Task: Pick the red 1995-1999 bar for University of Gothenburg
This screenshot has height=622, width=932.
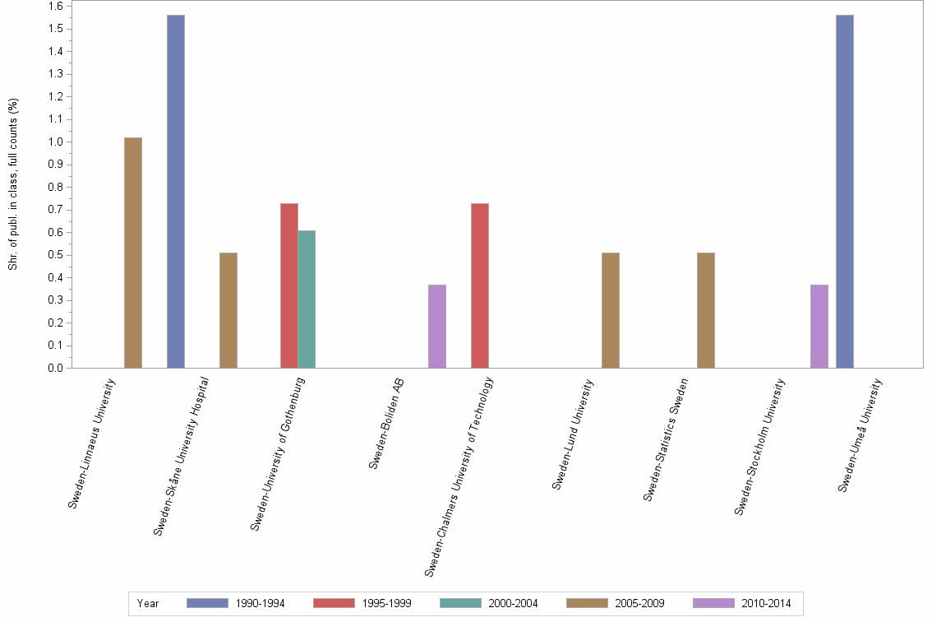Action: [x=289, y=285]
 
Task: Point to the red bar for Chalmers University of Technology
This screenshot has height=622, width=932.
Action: [x=480, y=285]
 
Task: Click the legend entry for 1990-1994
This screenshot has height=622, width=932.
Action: [x=236, y=604]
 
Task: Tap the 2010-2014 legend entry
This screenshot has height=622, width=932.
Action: [x=742, y=604]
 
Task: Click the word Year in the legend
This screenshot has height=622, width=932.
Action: [x=149, y=604]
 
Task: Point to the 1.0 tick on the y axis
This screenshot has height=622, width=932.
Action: [x=56, y=142]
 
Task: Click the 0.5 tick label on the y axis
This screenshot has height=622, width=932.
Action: [x=56, y=255]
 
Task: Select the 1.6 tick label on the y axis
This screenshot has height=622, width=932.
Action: [x=56, y=7]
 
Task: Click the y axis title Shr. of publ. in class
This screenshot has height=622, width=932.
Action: [x=13, y=184]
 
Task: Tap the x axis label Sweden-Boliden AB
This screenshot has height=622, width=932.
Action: [x=386, y=424]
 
